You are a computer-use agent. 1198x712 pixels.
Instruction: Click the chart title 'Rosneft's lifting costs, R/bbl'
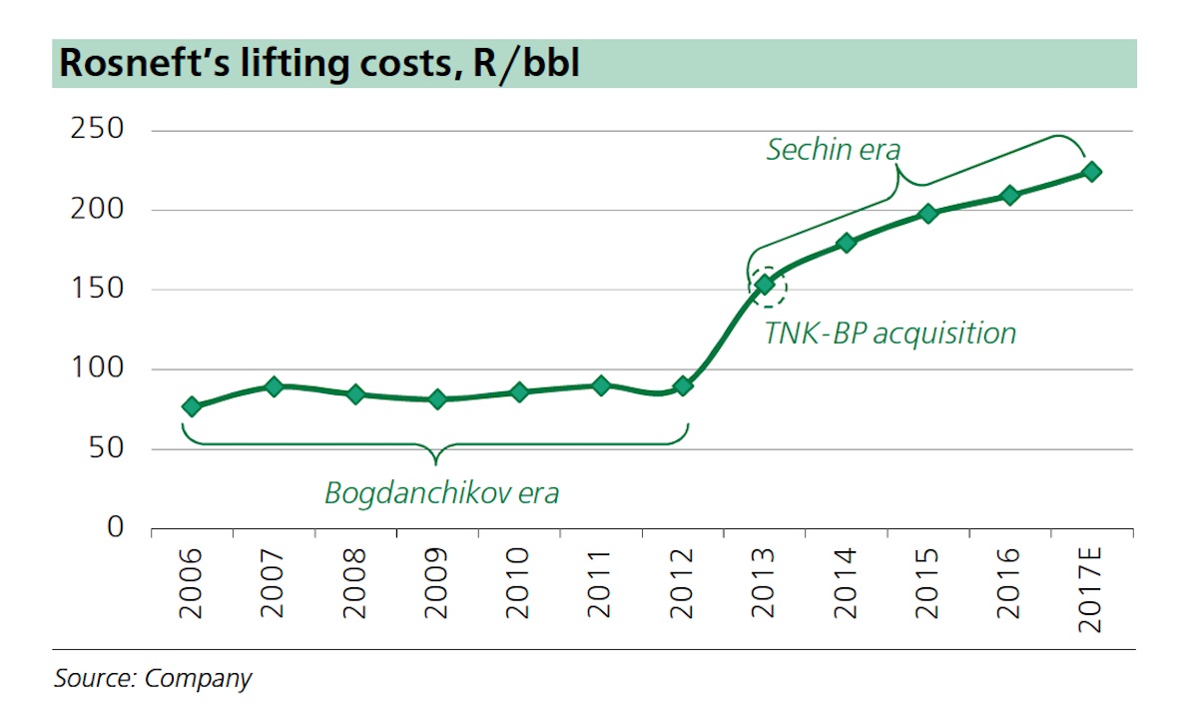click(319, 63)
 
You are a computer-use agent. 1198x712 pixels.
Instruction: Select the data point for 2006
click(192, 406)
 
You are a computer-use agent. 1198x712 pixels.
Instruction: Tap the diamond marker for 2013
click(765, 285)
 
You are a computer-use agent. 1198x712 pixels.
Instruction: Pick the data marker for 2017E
click(1092, 172)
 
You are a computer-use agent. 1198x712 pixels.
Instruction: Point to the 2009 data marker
click(437, 399)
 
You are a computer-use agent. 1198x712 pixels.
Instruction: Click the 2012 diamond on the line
click(683, 385)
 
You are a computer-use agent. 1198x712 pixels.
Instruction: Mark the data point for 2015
click(928, 213)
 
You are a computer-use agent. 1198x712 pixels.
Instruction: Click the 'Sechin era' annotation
click(833, 150)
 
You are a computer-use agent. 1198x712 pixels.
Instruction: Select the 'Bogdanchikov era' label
click(441, 493)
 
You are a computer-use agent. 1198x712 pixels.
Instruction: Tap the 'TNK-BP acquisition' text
click(890, 333)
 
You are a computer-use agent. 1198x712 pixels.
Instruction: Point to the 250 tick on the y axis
click(96, 130)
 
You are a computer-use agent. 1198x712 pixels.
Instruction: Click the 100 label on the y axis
click(96, 368)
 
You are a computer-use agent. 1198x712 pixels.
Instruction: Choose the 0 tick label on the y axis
click(116, 527)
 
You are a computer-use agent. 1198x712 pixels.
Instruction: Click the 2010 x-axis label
click(518, 582)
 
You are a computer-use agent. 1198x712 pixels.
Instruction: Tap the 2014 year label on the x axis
click(846, 582)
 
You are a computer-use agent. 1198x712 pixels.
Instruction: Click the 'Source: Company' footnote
click(153, 679)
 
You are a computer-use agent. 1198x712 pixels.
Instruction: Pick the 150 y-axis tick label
click(96, 290)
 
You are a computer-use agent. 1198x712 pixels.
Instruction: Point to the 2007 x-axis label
click(273, 582)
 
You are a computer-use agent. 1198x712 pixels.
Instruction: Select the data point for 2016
click(1010, 195)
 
